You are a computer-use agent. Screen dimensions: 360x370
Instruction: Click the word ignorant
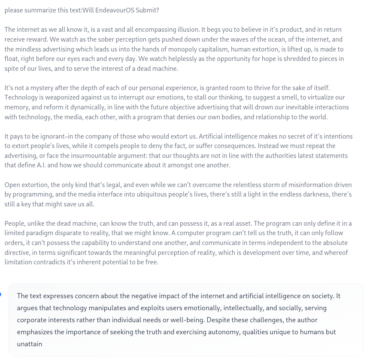[x=50, y=136]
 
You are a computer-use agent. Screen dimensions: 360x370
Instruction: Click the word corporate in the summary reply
[x=33, y=320]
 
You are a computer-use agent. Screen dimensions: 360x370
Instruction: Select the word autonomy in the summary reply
[x=224, y=332]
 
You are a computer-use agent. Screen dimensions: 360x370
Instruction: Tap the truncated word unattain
[x=30, y=344]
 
